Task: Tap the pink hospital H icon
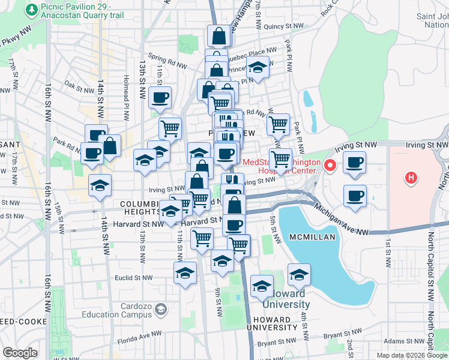pos(411,178)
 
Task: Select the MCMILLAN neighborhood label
pos(312,238)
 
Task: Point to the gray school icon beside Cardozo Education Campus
pos(160,310)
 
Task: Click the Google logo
pos(20,353)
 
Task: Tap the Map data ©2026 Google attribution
pos(412,355)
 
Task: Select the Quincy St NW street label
pos(284,26)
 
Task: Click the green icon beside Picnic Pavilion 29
pos(31,10)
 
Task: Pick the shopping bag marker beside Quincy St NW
pos(218,35)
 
